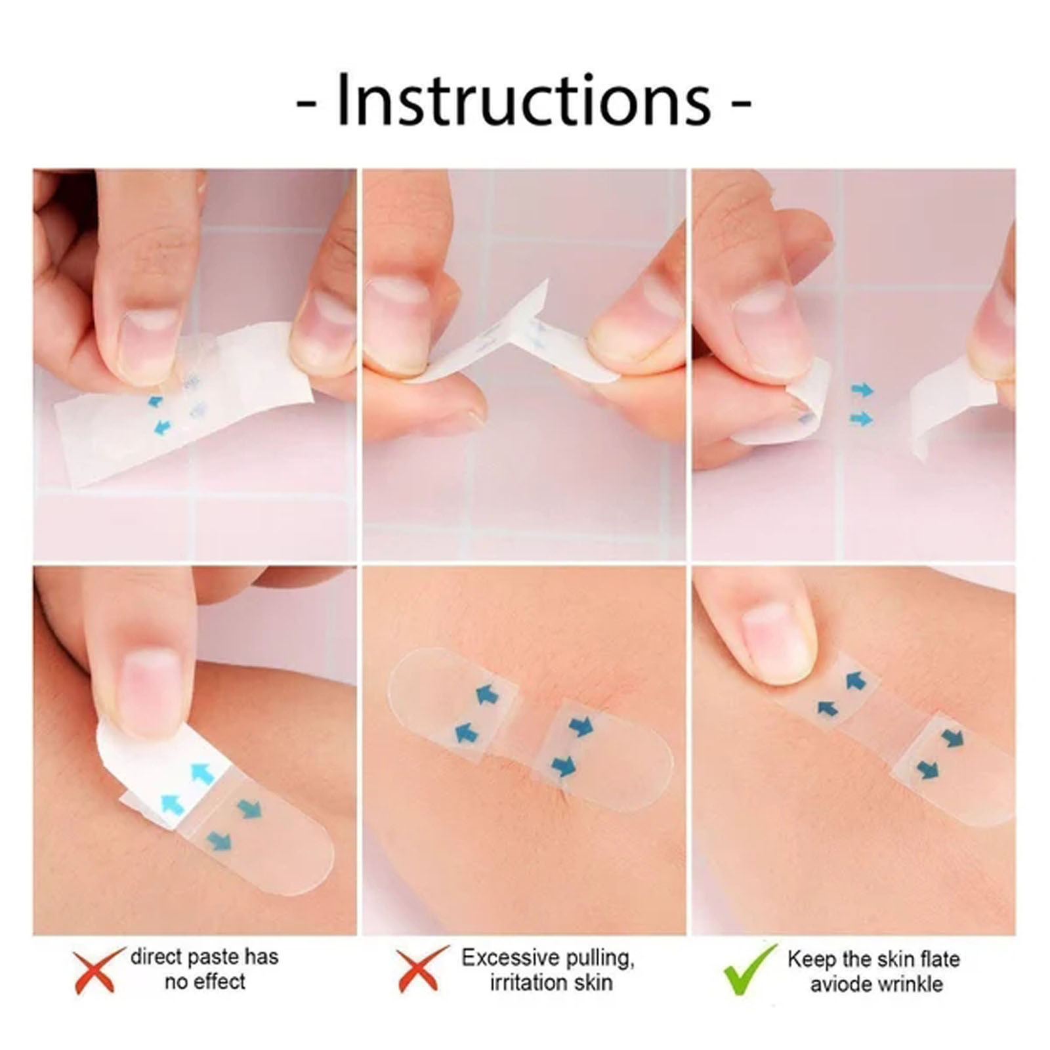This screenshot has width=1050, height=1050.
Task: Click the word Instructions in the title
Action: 524,102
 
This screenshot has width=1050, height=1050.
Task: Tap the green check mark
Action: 749,970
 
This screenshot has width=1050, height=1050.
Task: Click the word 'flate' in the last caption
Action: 936,959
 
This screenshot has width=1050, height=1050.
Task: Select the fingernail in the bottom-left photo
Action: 151,689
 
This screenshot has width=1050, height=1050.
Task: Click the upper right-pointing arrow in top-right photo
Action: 862,390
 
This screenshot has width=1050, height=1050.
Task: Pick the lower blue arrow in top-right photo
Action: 862,418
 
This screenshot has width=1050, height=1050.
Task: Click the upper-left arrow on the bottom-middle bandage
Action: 486,694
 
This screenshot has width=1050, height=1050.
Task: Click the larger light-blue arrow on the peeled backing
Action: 203,775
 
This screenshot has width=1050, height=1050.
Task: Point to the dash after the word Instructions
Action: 740,105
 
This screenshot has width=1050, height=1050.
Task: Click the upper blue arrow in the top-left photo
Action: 156,400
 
